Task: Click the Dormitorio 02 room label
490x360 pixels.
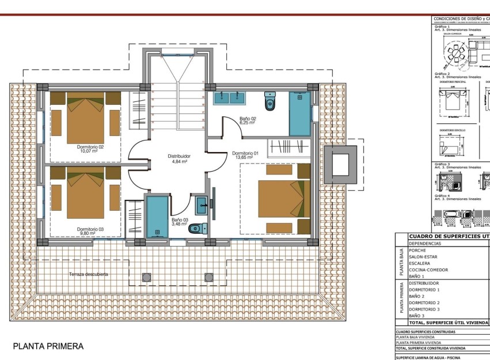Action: (x=90, y=147)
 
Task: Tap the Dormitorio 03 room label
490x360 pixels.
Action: (x=90, y=229)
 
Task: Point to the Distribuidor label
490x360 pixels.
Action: (x=178, y=156)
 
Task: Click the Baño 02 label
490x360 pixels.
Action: (x=248, y=119)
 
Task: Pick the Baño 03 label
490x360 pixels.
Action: (x=179, y=219)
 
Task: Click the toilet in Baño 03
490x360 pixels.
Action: (x=196, y=228)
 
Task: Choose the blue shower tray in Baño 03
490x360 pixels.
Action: (x=157, y=217)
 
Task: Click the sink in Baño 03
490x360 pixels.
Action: (x=202, y=203)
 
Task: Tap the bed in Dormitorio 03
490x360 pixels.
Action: (x=85, y=196)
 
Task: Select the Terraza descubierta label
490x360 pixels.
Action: (x=89, y=274)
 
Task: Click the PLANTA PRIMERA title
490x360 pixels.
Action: (x=48, y=346)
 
